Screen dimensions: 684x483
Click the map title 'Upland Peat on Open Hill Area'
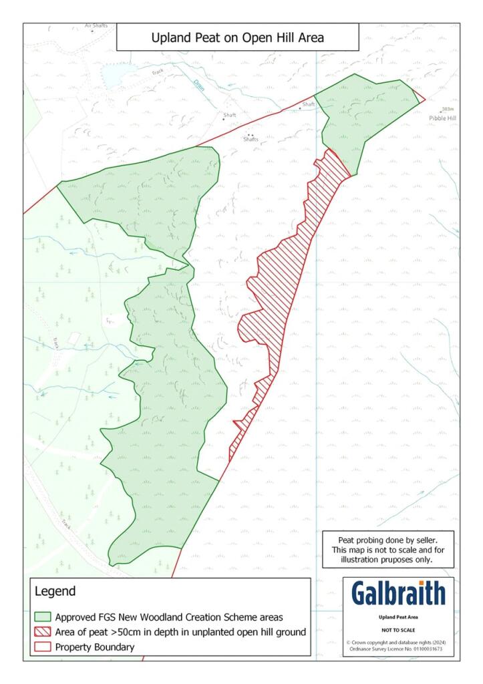[237, 38]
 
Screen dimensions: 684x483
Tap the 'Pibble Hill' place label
[443, 117]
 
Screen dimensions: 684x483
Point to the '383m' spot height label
[448, 109]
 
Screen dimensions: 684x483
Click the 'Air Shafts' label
[96, 26]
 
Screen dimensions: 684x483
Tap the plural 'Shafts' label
[251, 139]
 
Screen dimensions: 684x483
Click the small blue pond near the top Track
[112, 77]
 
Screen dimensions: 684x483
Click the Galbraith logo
[398, 593]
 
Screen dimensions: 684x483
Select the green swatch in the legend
[43, 617]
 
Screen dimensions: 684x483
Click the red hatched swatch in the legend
[43, 632]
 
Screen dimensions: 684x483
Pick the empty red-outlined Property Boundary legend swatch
[43, 647]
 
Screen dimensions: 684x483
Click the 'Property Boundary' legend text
[95, 647]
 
